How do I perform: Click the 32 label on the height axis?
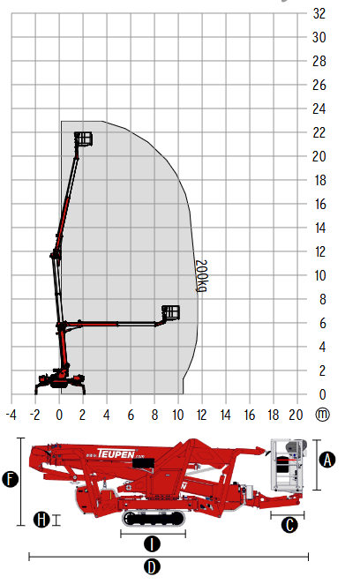pyautogui.click(x=319, y=13)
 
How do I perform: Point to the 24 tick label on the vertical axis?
pyautogui.click(x=319, y=109)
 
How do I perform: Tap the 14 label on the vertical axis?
pyautogui.click(x=320, y=228)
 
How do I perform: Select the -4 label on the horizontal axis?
pyautogui.click(x=11, y=415)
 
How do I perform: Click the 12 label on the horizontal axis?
pyautogui.click(x=201, y=415)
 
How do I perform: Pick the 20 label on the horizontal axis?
pyautogui.click(x=296, y=415)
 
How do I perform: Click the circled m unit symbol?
pyautogui.click(x=322, y=414)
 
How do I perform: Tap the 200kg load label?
pyautogui.click(x=201, y=275)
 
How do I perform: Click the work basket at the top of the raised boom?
pyautogui.click(x=84, y=139)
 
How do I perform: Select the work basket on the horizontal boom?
pyautogui.click(x=170, y=313)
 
